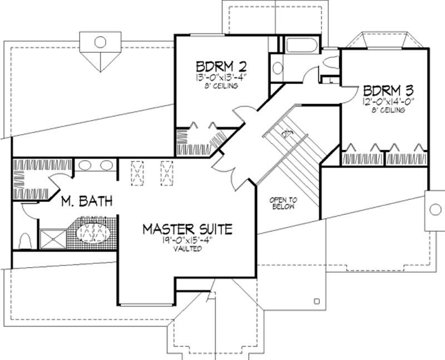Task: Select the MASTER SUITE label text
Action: tap(186, 228)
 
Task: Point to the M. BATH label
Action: tap(87, 201)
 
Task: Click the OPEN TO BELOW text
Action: tap(282, 203)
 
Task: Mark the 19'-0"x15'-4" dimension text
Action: tap(187, 240)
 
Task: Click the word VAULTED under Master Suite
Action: tap(187, 249)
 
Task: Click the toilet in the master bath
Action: tap(24, 241)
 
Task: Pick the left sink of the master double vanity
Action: tap(85, 165)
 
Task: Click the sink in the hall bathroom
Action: tap(277, 68)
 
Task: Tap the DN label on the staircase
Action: tap(288, 133)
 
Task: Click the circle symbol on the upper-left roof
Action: tap(100, 42)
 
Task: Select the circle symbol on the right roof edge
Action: tap(434, 210)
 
